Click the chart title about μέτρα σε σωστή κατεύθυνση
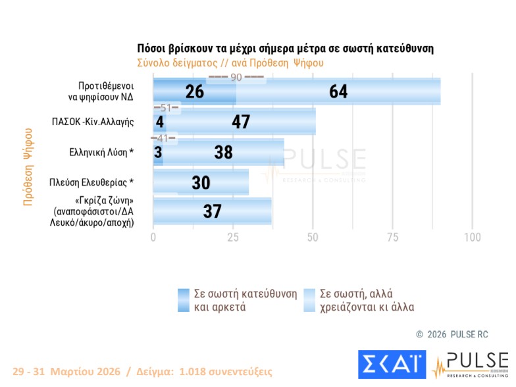click(285, 49)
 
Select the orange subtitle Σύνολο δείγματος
click(230, 63)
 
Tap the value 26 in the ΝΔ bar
click(194, 91)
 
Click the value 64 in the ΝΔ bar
click(338, 91)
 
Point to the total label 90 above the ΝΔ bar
click(236, 78)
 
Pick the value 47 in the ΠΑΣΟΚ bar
click(241, 122)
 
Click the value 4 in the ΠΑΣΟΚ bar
click(159, 122)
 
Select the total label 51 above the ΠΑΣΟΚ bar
click(165, 108)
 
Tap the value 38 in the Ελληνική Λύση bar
click(224, 152)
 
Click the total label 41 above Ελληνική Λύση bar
click(164, 138)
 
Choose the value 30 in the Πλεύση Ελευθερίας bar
click(201, 182)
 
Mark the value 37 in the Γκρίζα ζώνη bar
click(212, 211)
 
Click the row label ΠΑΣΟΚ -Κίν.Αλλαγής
click(93, 122)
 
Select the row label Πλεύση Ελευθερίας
click(92, 182)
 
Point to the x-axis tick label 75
click(392, 238)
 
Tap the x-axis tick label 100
click(472, 238)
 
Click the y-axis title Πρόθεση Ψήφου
click(28, 167)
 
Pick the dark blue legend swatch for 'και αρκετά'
click(184, 300)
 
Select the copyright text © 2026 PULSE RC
click(451, 334)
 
